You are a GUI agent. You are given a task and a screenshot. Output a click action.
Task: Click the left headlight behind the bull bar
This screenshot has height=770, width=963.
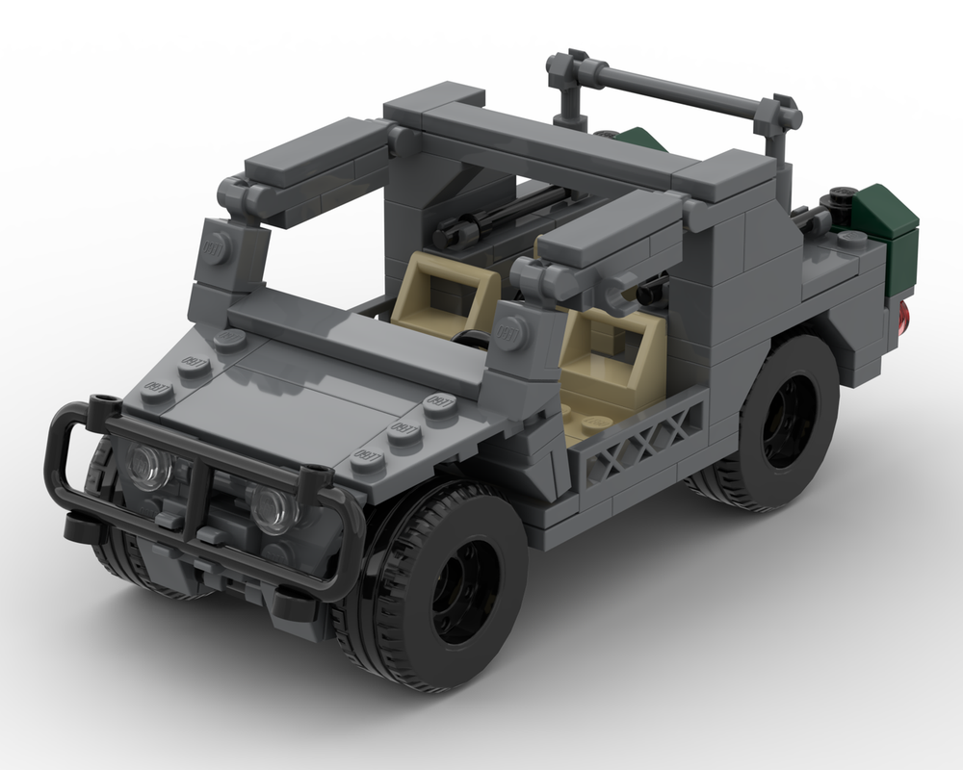150,468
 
